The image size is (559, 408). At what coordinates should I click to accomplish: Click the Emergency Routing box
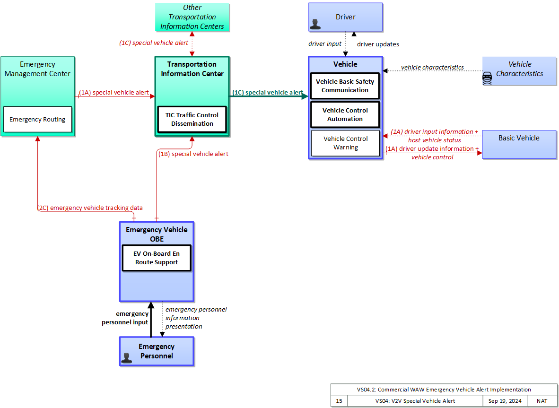pyautogui.click(x=37, y=119)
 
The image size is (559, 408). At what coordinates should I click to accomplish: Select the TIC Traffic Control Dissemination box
pyautogui.click(x=192, y=119)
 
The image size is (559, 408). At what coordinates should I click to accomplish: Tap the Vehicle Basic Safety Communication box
pyautogui.click(x=345, y=86)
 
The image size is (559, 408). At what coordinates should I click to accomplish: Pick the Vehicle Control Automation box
pyautogui.click(x=345, y=115)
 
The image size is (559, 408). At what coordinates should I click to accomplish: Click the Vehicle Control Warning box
pyautogui.click(x=345, y=143)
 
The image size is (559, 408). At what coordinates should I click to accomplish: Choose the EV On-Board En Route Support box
pyautogui.click(x=157, y=258)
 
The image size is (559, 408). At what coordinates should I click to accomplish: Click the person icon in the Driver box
pyautogui.click(x=315, y=24)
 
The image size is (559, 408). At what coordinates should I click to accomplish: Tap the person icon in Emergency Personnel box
pyautogui.click(x=127, y=358)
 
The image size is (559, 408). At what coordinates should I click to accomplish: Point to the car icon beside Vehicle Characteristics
pyautogui.click(x=487, y=78)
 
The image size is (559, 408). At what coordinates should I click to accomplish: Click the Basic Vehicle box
pyautogui.click(x=519, y=144)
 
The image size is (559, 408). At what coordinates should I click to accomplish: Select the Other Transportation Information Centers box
pyautogui.click(x=192, y=17)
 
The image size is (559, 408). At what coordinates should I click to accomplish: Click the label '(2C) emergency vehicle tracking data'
pyautogui.click(x=90, y=208)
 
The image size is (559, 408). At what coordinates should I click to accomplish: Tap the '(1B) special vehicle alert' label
pyautogui.click(x=193, y=154)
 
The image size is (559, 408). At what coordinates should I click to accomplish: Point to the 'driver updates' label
pyautogui.click(x=378, y=44)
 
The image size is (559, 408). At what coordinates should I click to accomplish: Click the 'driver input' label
pyautogui.click(x=325, y=44)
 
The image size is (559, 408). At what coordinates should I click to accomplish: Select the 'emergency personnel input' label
pyautogui.click(x=125, y=318)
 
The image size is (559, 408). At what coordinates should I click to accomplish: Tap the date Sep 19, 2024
pyautogui.click(x=505, y=401)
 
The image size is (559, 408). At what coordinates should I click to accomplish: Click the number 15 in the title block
pyautogui.click(x=339, y=401)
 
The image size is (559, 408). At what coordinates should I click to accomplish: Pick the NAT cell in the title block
pyautogui.click(x=542, y=401)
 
